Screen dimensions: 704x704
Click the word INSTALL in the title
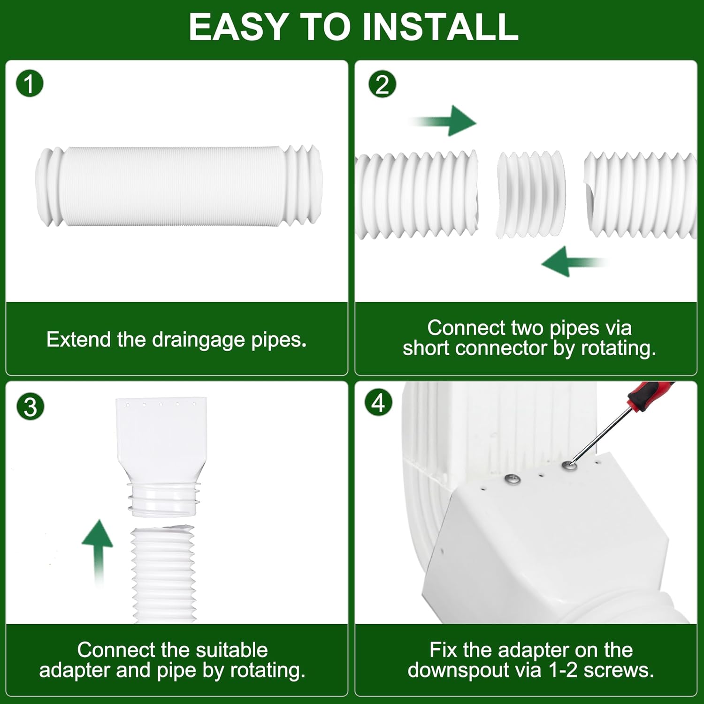(x=441, y=27)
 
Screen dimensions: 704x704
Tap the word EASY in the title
(x=238, y=27)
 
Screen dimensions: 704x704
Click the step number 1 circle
(x=30, y=84)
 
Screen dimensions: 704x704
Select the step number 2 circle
(x=382, y=85)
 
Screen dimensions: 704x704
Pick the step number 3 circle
(x=30, y=407)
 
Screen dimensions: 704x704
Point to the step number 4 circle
(x=378, y=403)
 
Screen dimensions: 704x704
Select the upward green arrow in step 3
(x=98, y=549)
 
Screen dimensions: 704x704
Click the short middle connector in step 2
(x=531, y=194)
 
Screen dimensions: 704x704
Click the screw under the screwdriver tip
(x=569, y=466)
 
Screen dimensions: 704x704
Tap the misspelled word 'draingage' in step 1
(x=199, y=340)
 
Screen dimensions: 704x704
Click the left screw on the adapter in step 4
(x=512, y=479)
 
